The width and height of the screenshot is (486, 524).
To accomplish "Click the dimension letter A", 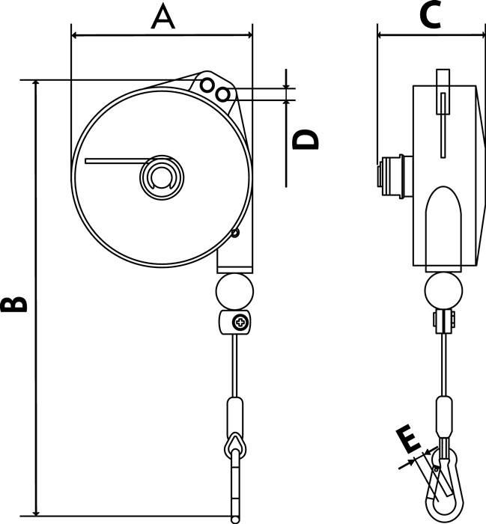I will coord(162,16).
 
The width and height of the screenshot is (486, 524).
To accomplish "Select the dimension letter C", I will coord(429,16).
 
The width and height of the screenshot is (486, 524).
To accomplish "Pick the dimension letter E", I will coord(409,441).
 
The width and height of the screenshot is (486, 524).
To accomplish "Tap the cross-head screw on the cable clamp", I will coord(241,323).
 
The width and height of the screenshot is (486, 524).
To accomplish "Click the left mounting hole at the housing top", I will coord(207,85).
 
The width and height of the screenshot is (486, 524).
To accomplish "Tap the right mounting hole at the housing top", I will coord(222,94).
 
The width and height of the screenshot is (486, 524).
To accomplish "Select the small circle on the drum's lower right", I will coord(235,234).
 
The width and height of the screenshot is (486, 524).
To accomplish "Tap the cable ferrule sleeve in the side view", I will coord(443,415).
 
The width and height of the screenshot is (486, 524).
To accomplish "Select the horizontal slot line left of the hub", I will coord(116,159).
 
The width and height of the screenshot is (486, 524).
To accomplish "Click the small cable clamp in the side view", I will coord(443,323).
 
